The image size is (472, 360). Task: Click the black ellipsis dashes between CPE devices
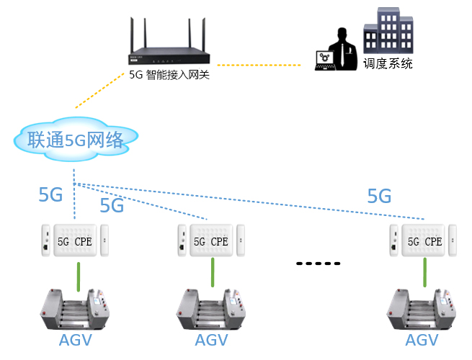pos(318,264)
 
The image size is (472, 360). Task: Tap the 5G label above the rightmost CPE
pos(379,197)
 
